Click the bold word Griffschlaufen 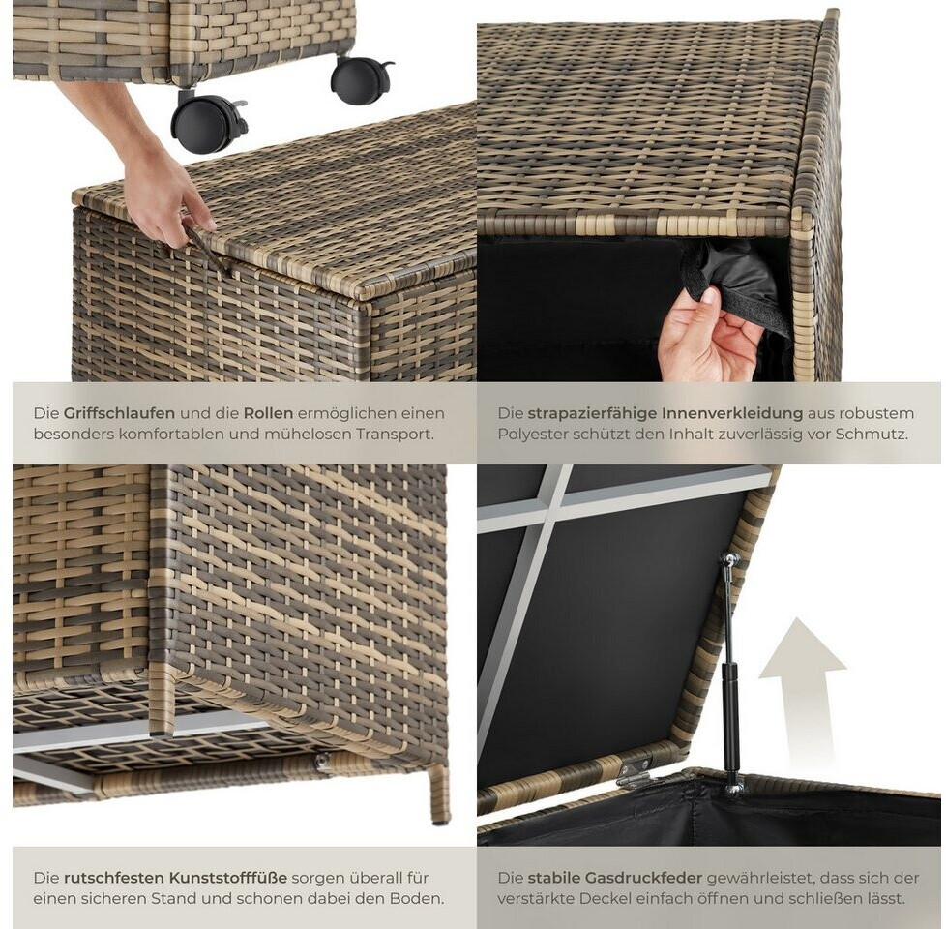[119, 413]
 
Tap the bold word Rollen [268, 413]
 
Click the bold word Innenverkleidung [732, 413]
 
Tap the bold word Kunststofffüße [228, 878]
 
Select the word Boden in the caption [418, 898]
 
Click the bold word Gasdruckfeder [646, 878]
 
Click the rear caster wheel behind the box [360, 80]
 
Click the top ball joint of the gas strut [732, 559]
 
